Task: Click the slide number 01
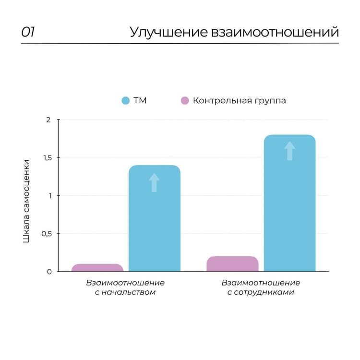click(27, 32)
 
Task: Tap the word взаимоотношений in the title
click(275, 32)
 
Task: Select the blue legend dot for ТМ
click(126, 101)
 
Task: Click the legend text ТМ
click(140, 101)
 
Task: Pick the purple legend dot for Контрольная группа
click(184, 101)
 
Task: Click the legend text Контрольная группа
click(239, 101)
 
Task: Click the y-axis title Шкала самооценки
click(27, 201)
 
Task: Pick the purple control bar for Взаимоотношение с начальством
click(97, 268)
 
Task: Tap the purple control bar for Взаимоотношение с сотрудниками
click(233, 264)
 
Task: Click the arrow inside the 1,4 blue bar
click(154, 183)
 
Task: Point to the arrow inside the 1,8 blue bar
click(289, 151)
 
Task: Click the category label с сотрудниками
click(261, 292)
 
